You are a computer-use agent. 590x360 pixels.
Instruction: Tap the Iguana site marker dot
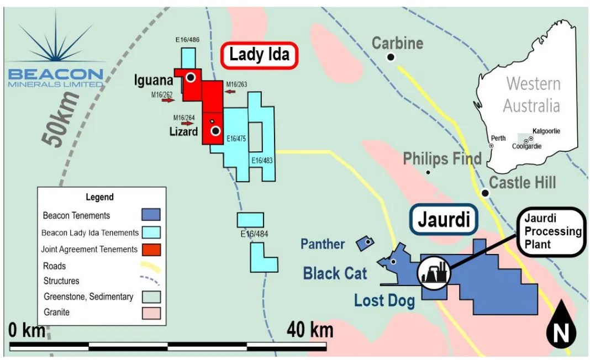(x=191, y=78)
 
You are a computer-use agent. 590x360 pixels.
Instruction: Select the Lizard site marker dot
(x=215, y=131)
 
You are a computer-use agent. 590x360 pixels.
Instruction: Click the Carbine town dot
(x=391, y=57)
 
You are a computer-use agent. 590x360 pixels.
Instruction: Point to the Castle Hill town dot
(x=485, y=193)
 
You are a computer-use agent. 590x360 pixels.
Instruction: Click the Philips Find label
(x=442, y=159)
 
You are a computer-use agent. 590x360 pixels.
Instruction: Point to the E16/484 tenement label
(x=254, y=234)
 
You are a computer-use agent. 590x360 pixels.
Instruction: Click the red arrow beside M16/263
(x=230, y=91)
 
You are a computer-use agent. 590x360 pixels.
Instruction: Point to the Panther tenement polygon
(x=365, y=242)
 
